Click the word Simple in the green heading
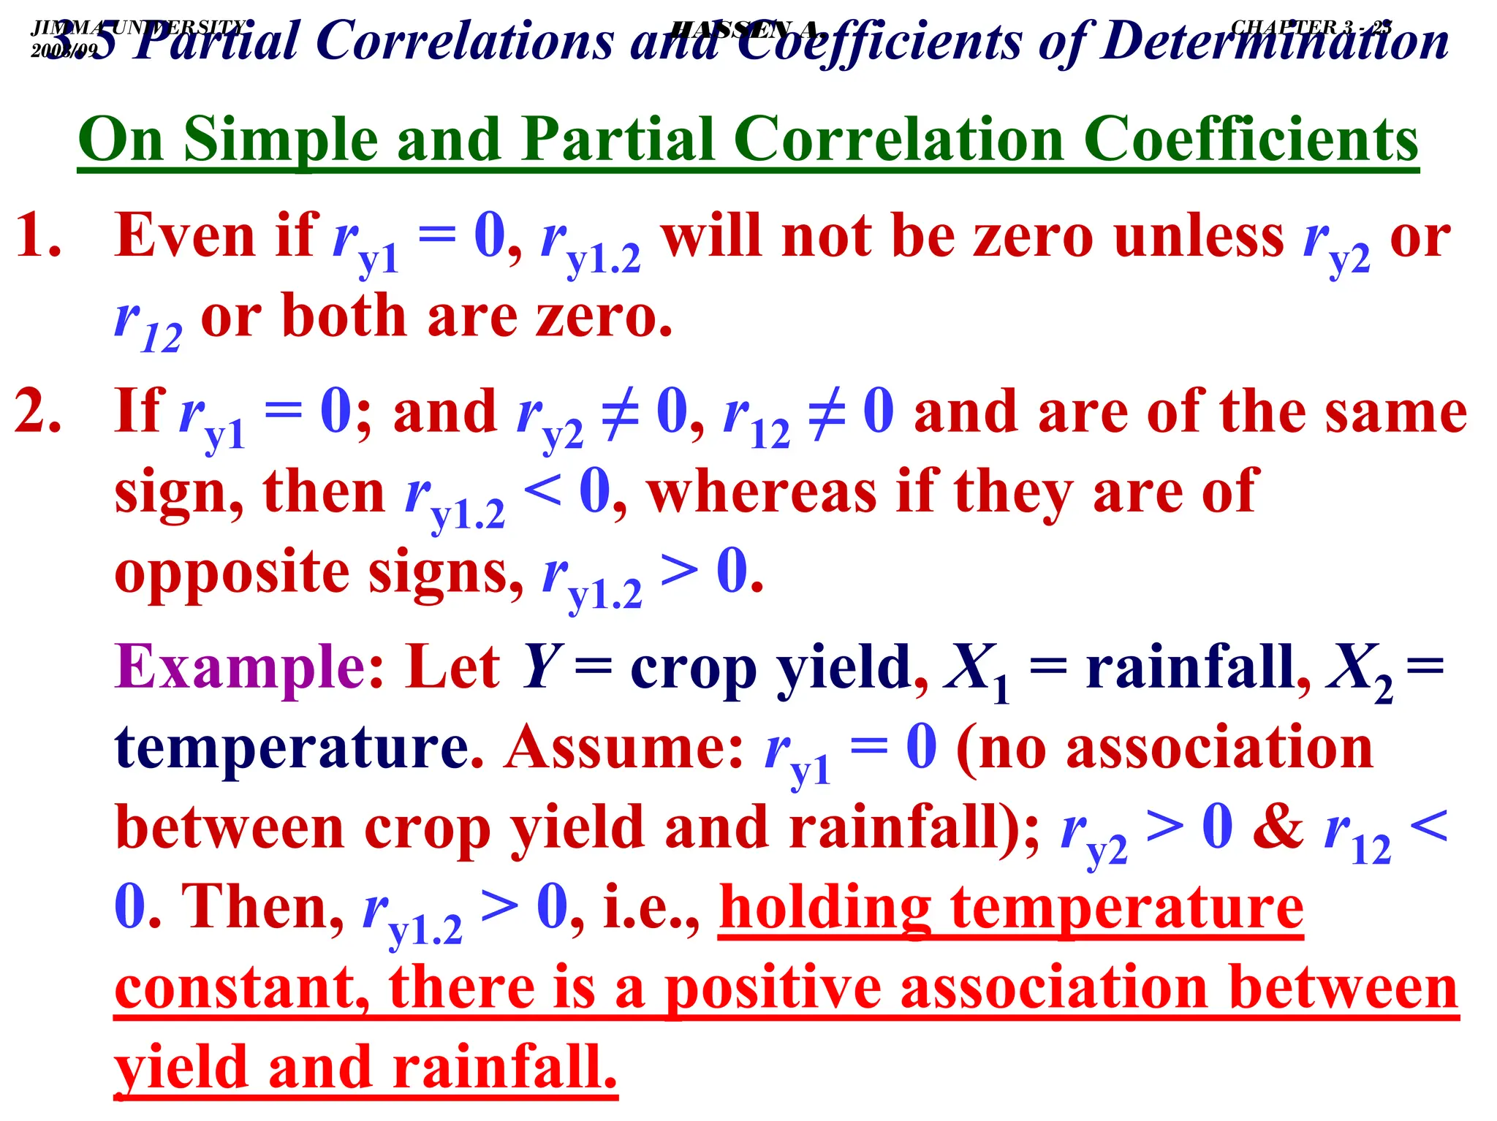coord(281,140)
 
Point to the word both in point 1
coord(344,316)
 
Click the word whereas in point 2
coord(762,491)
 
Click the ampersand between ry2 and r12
coord(1278,827)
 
